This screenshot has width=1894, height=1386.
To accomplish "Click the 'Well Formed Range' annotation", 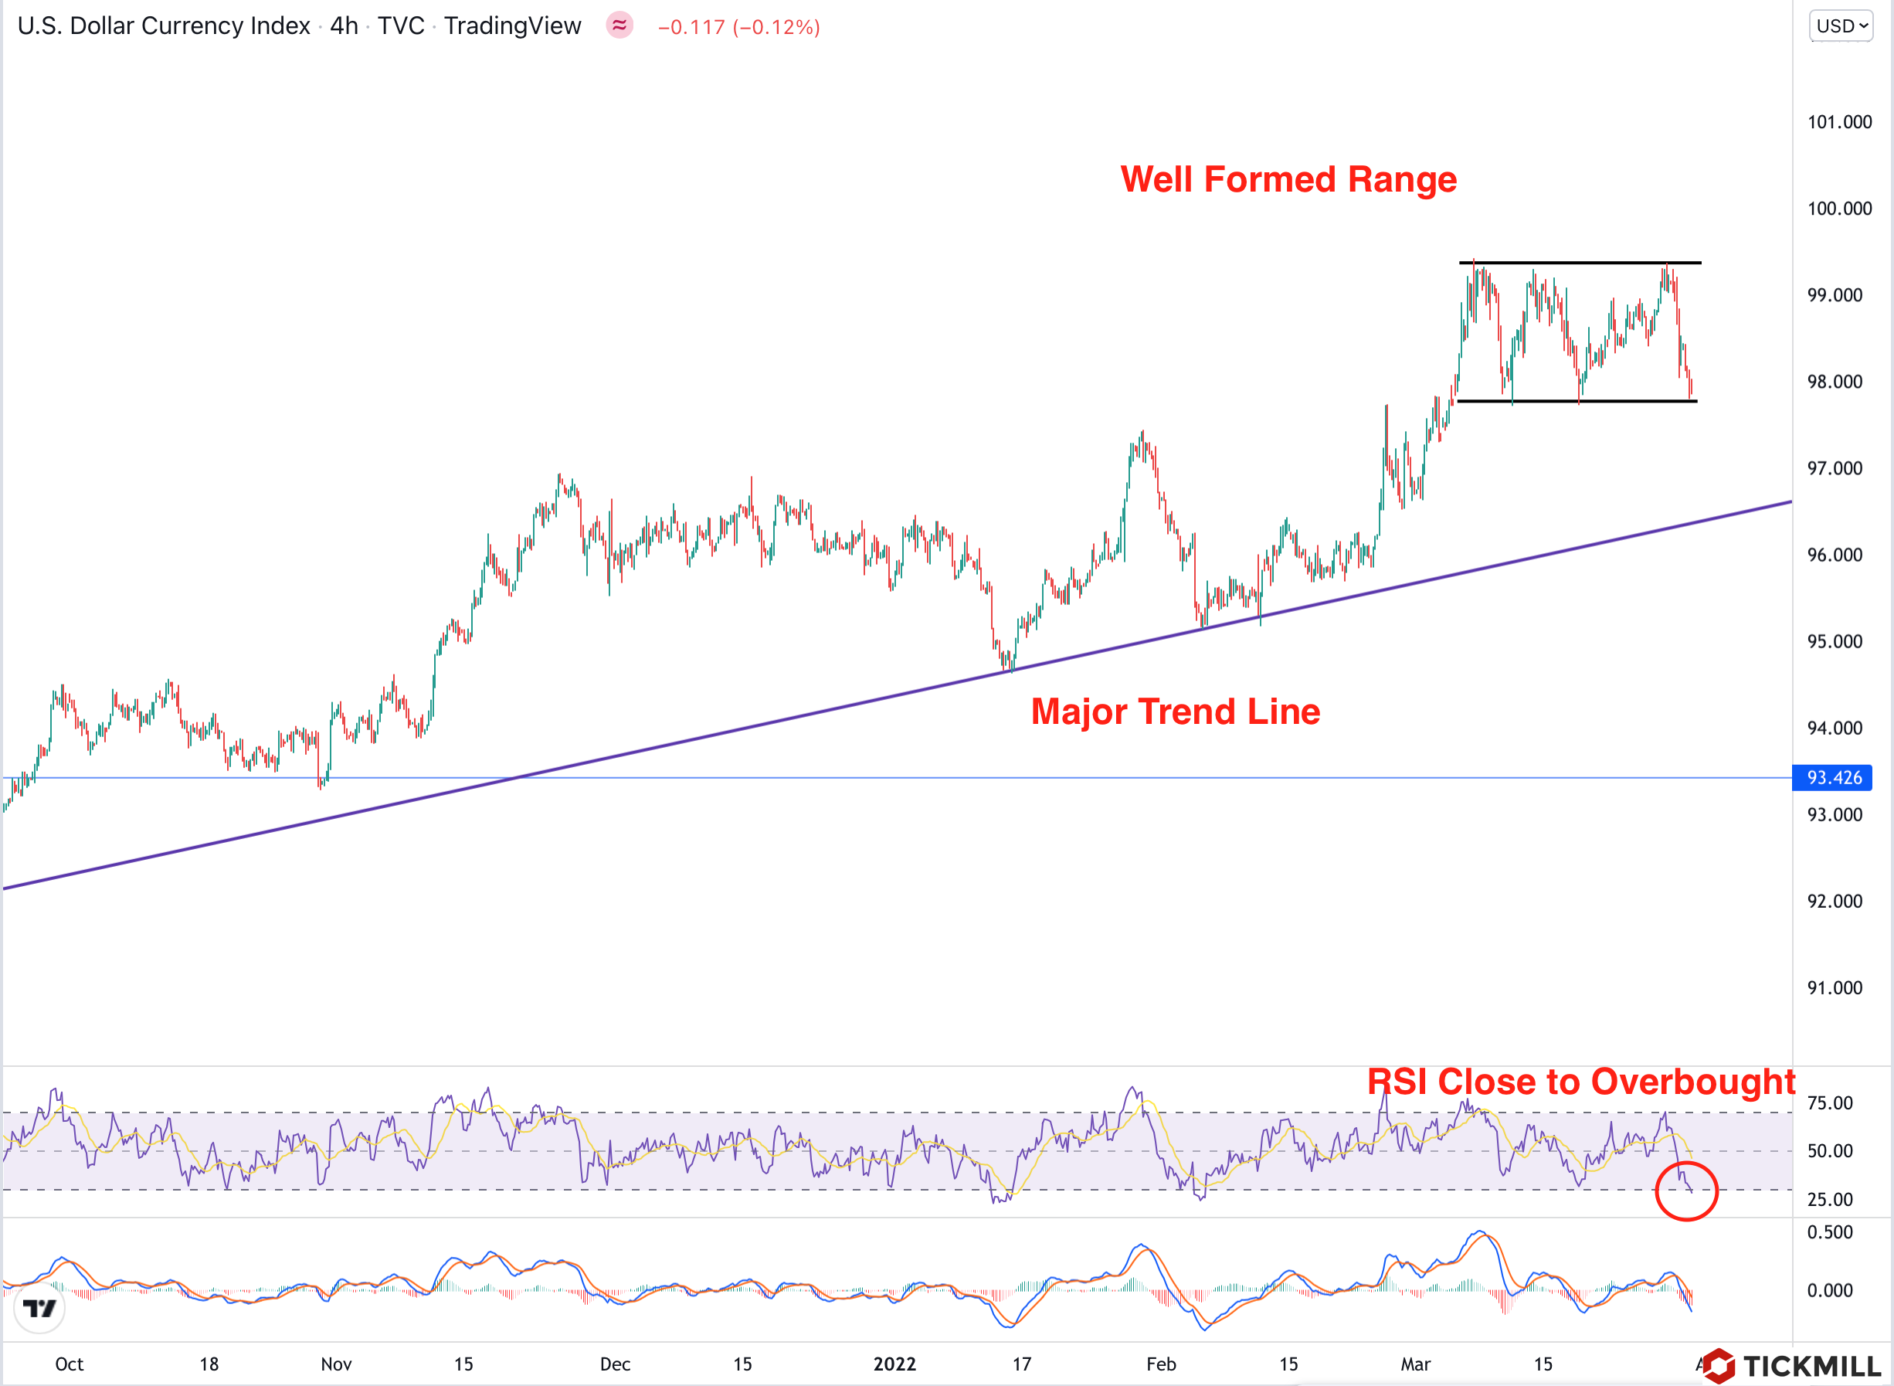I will (x=1288, y=179).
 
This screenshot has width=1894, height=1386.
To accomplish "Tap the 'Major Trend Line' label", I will (x=1175, y=712).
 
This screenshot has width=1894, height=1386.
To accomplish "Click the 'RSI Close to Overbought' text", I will (x=1581, y=1082).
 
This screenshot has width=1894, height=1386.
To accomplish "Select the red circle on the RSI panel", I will (x=1686, y=1191).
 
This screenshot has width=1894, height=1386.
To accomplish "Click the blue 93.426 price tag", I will (x=1834, y=778).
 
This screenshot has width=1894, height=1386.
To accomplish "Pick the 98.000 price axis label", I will (x=1835, y=382).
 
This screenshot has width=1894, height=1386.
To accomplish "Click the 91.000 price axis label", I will (x=1835, y=987).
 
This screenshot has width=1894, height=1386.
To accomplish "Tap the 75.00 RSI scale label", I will (x=1829, y=1103).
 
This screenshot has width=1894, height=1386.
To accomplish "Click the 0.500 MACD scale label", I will (x=1829, y=1232).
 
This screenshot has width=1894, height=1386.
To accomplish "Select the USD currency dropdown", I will (x=1841, y=26).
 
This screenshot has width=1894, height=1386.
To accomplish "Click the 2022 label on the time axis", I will (x=894, y=1364).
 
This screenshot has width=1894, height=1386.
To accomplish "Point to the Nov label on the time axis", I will (x=335, y=1364).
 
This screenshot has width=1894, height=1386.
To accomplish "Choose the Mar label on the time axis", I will (x=1415, y=1364).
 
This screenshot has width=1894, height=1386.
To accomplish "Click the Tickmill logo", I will (x=1795, y=1366).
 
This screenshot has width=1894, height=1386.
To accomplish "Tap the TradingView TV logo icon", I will (x=39, y=1308).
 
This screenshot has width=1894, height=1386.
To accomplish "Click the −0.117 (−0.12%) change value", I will (x=738, y=27).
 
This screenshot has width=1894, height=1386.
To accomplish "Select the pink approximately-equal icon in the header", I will (x=619, y=26).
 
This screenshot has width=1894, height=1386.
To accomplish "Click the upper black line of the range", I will (x=1580, y=263).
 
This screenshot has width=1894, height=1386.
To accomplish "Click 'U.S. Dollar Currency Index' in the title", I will (x=164, y=26).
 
